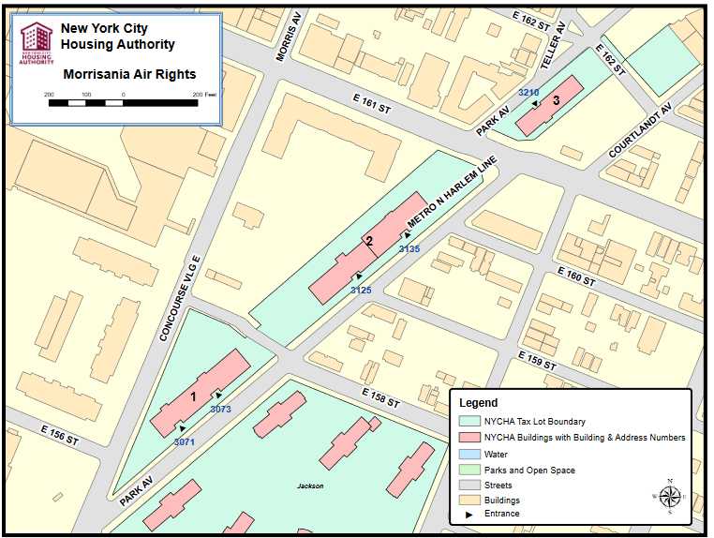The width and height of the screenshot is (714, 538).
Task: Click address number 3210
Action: coord(528,92)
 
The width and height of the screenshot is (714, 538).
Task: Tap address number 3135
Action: coord(409,249)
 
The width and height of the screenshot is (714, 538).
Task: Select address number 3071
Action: coord(185,441)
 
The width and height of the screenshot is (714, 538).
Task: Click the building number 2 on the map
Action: coord(369,241)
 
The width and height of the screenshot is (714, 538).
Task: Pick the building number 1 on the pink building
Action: coord(193,396)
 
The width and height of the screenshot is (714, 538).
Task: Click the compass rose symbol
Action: coord(669,496)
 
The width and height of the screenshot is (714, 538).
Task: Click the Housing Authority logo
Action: coord(37,43)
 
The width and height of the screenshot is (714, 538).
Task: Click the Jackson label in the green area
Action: coord(310,486)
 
